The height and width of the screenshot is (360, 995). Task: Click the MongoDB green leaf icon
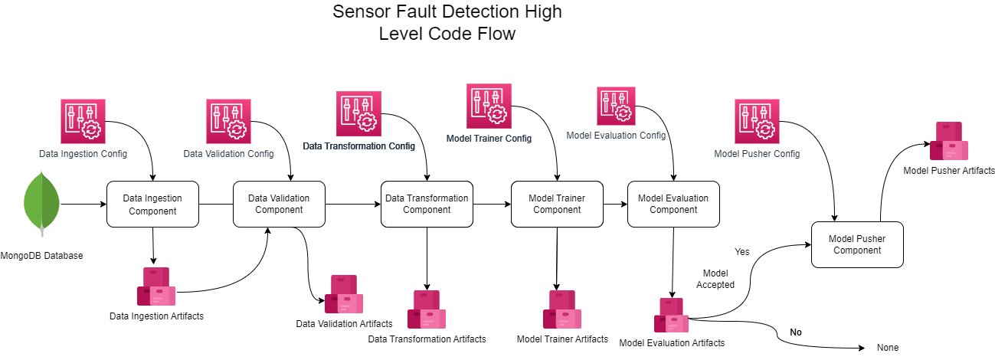[x=42, y=205]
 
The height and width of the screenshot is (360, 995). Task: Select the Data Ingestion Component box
[x=152, y=204]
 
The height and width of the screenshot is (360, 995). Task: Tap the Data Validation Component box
[x=279, y=204]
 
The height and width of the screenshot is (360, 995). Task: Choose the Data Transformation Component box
[x=427, y=204]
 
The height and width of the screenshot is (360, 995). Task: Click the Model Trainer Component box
[x=556, y=204]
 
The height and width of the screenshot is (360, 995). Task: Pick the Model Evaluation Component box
[x=673, y=204]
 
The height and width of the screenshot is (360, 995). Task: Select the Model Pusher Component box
[x=857, y=244]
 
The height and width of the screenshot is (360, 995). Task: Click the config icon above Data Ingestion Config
[x=83, y=121]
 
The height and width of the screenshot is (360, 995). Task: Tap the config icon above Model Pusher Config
[x=757, y=121]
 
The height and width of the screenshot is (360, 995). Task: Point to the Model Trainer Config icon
[x=489, y=106]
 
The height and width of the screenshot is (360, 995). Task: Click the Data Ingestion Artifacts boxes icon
[x=156, y=287]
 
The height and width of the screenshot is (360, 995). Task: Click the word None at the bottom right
[x=887, y=348]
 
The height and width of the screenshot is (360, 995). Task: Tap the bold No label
[x=796, y=332]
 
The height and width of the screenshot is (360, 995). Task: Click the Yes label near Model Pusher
[x=741, y=251]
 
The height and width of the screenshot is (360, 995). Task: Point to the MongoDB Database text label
[x=41, y=256]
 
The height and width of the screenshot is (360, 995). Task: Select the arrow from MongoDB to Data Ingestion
[x=83, y=205]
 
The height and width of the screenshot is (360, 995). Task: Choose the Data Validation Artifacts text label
[x=344, y=324]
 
